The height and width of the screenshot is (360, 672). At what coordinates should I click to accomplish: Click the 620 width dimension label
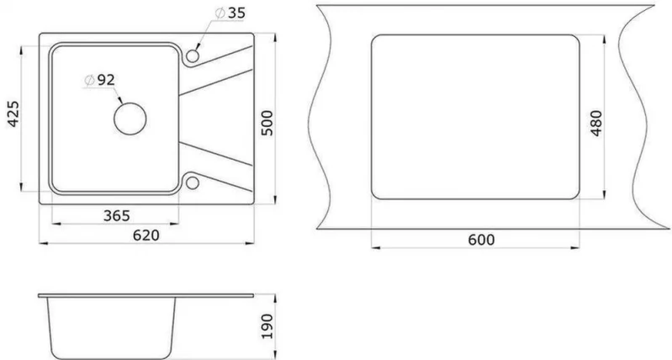coord(146,236)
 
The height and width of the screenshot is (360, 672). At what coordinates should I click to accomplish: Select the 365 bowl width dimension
coord(116,215)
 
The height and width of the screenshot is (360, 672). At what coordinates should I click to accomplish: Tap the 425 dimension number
coord(14,114)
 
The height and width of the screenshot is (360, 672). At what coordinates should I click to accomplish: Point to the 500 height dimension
coord(267,123)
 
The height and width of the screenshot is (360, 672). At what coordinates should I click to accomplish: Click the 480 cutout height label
coord(596,123)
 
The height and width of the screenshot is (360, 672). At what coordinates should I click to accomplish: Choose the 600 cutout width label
coord(481,240)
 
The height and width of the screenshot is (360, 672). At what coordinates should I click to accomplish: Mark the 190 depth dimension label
coord(267,326)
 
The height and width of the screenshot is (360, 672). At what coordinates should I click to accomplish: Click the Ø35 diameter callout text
coord(230,13)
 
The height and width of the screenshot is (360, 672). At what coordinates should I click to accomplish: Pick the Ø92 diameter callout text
coord(100,80)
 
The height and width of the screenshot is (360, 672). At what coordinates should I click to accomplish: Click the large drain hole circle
coord(130,119)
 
